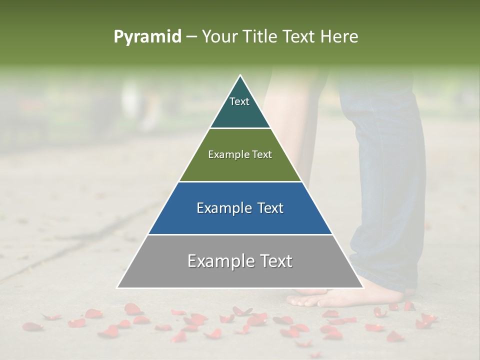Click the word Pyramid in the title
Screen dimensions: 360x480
pos(147,37)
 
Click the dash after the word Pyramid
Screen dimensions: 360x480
pos(191,37)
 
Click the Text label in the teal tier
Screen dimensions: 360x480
pos(239,101)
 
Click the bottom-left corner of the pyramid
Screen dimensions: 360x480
pos(118,287)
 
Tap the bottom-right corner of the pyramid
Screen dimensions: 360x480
pos(362,287)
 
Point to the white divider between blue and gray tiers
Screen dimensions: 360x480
pos(240,234)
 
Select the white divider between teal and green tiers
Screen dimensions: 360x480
pos(240,128)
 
